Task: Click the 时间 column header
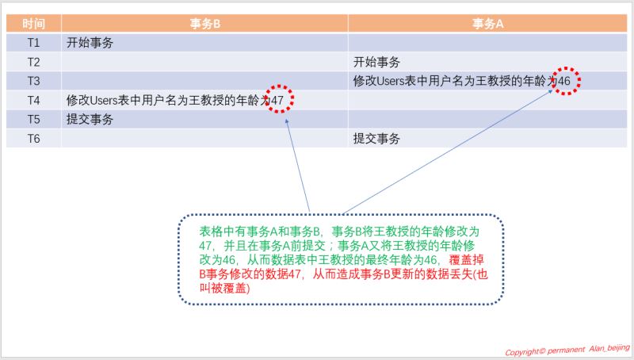(33, 23)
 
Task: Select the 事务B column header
(204, 23)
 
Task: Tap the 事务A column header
(488, 23)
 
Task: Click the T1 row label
(33, 43)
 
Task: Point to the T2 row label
(33, 62)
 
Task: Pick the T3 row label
(33, 81)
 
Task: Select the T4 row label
(33, 101)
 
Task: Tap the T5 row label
(33, 120)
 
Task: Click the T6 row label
(33, 139)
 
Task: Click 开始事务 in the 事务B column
(90, 43)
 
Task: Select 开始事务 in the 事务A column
(376, 62)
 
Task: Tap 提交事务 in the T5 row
(90, 120)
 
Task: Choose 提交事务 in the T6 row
(376, 139)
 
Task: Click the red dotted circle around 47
(279, 98)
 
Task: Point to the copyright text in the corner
(567, 350)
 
